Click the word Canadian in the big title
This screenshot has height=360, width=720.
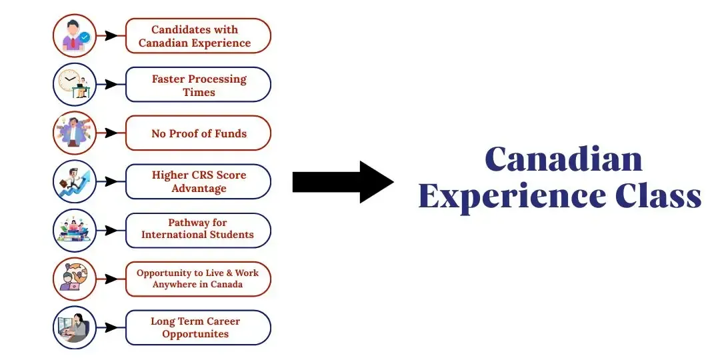(x=563, y=159)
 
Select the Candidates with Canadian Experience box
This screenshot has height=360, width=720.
(x=199, y=36)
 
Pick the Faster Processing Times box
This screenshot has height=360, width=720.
(x=199, y=85)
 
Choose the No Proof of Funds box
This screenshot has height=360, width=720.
(x=199, y=133)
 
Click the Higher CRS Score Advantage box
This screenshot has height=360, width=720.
(x=199, y=181)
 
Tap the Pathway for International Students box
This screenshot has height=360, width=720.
(x=199, y=230)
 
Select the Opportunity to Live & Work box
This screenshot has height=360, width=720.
(x=199, y=279)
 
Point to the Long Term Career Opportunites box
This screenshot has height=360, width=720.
(x=199, y=327)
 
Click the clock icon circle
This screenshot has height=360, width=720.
(x=75, y=85)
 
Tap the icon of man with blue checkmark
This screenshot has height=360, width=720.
(x=75, y=36)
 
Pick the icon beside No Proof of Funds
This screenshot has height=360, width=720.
(x=75, y=133)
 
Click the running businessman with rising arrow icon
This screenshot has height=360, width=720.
(x=75, y=181)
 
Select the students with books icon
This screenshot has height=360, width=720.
(x=75, y=230)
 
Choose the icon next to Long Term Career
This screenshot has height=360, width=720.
(x=75, y=327)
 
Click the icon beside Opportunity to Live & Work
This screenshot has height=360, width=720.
(x=75, y=279)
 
